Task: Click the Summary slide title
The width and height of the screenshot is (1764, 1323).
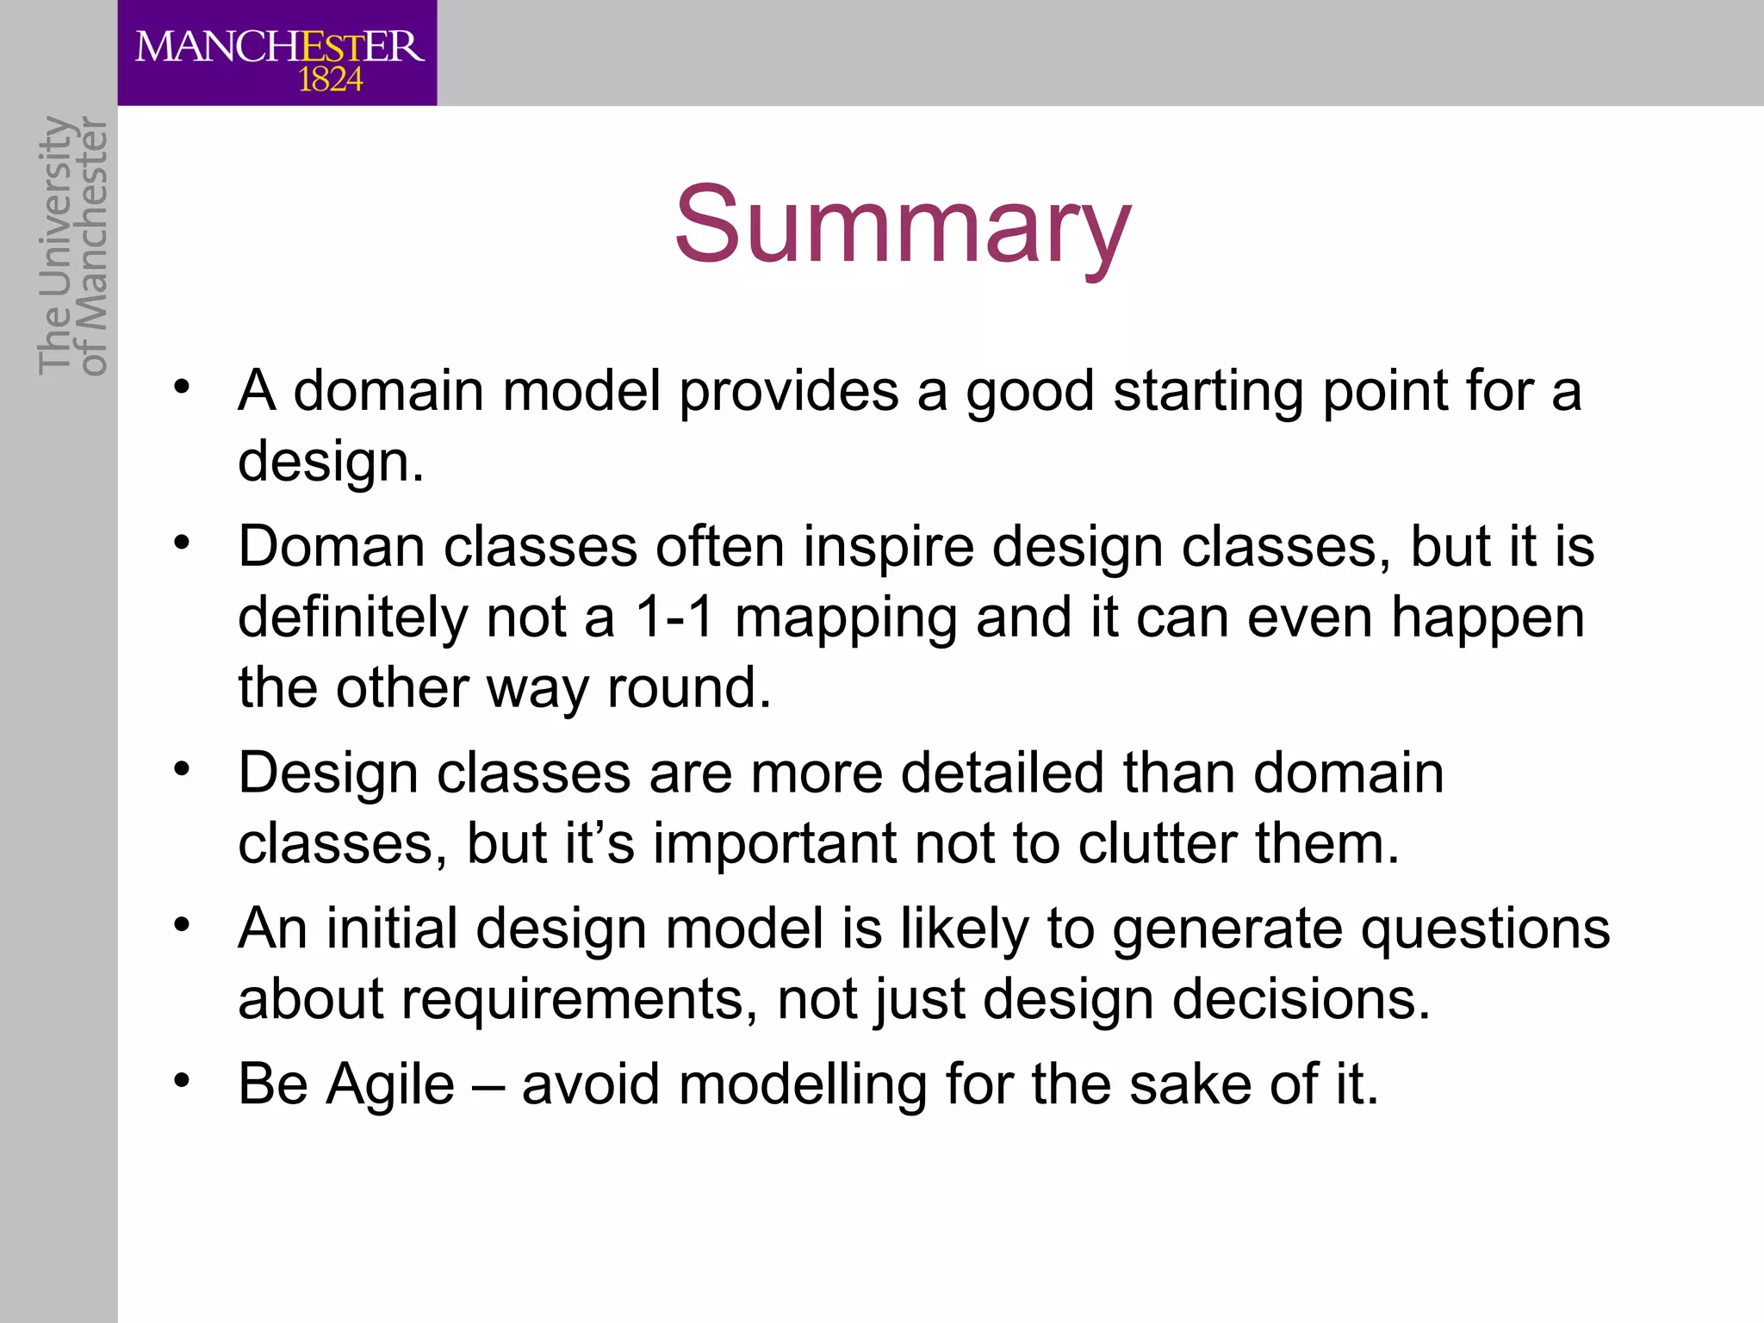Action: [x=902, y=226]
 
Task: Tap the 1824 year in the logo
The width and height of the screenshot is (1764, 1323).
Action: [x=330, y=80]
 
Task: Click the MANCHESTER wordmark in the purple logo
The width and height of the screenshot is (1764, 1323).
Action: [x=279, y=47]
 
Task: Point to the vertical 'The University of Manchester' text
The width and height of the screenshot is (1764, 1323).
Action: [x=73, y=246]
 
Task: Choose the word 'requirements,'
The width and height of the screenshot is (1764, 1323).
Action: [x=579, y=999]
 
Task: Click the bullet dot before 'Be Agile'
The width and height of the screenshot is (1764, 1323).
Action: [x=181, y=1080]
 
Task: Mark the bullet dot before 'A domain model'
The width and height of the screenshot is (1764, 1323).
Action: [x=181, y=387]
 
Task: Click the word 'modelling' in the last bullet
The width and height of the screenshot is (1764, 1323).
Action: [x=803, y=1084]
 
